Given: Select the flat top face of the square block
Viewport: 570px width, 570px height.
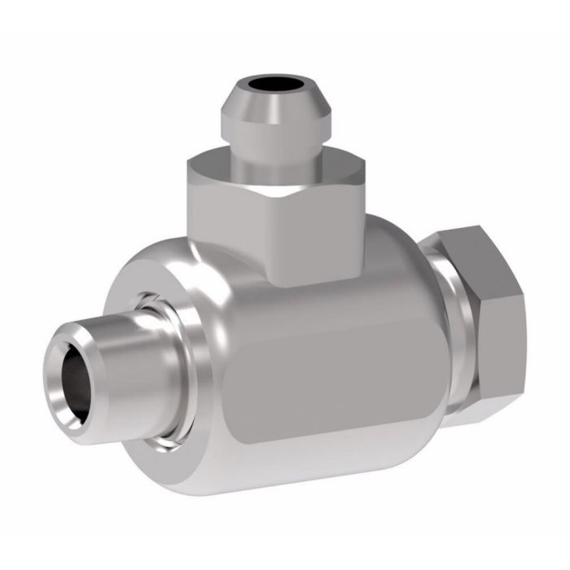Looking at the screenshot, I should (228, 167).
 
